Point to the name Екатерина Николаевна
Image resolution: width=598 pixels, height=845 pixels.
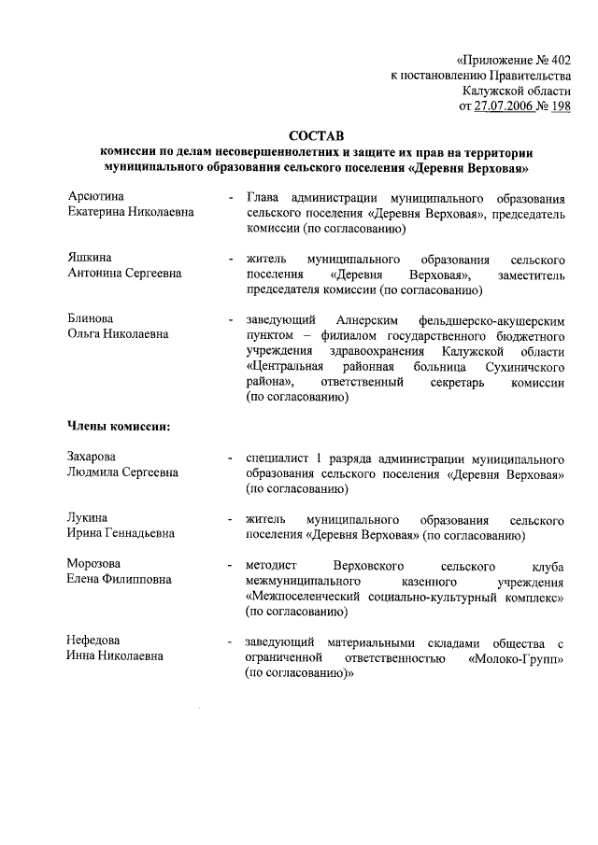(130, 213)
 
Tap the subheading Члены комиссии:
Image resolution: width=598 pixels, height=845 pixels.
(118, 428)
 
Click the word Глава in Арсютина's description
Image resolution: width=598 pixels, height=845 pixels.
(263, 198)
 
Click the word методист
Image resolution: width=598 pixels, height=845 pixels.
(270, 565)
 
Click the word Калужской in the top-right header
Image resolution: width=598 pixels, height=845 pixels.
(491, 91)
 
